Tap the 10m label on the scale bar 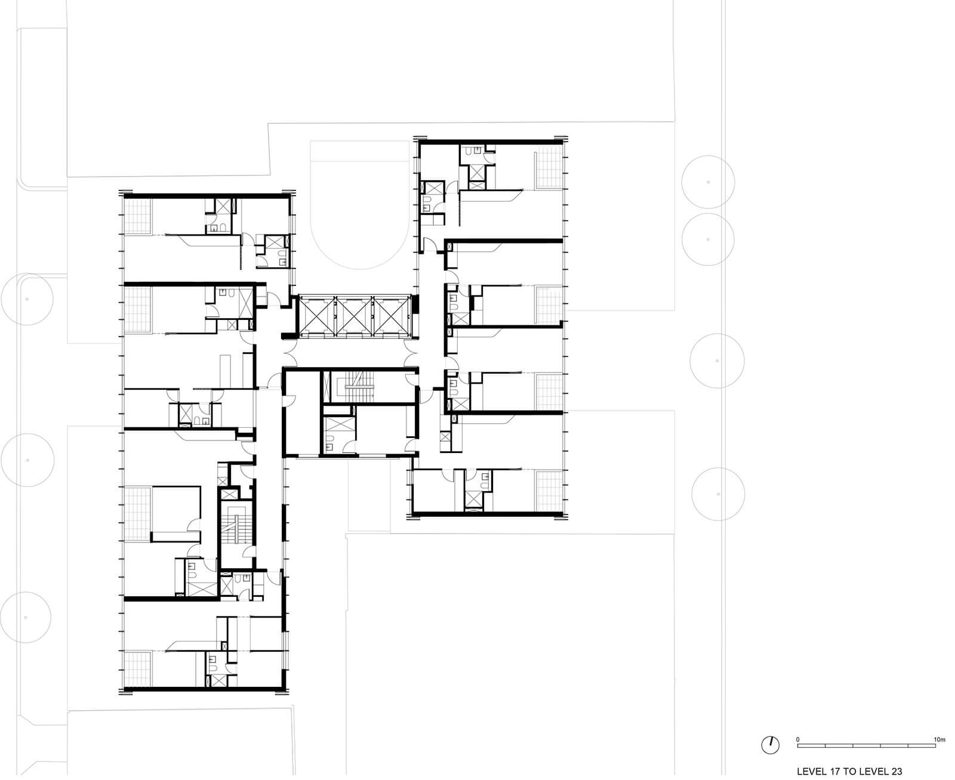tap(939, 739)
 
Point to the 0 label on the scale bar tap(797, 739)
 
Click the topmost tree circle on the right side tap(708, 181)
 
